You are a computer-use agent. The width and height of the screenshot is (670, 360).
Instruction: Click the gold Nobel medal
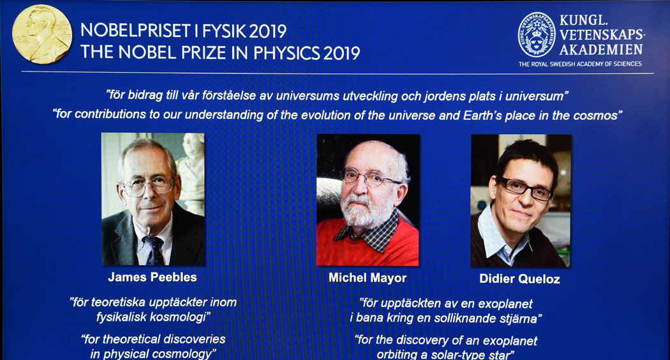[42, 34]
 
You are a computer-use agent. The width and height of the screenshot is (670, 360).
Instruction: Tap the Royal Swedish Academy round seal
[536, 35]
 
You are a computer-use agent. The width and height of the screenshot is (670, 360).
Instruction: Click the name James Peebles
[153, 277]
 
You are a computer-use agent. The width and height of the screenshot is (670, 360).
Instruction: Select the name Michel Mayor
[368, 278]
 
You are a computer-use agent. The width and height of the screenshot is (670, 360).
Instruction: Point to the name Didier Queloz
[519, 279]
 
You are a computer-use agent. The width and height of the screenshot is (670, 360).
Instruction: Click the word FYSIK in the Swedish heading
[224, 31]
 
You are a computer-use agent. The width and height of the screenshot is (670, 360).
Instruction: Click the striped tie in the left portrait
[154, 251]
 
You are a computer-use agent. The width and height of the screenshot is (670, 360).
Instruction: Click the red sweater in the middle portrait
[368, 246]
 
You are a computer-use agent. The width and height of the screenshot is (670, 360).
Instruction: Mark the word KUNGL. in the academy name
[583, 20]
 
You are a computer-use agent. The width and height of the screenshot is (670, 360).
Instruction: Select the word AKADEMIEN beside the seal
[601, 50]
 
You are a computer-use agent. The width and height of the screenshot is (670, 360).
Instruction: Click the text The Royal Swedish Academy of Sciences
[580, 64]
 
